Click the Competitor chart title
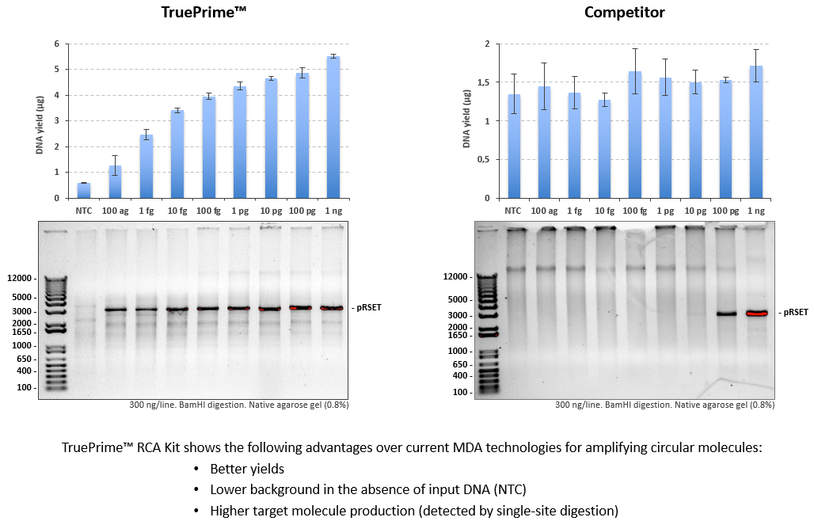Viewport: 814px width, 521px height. (624, 12)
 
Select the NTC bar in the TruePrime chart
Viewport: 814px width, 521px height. (84, 191)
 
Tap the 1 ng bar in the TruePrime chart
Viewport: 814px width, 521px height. (333, 127)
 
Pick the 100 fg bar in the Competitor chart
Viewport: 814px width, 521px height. (634, 135)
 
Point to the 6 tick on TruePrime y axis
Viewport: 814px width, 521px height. (56, 44)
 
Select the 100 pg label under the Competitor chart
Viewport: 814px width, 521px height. (725, 211)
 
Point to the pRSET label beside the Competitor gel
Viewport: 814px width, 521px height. (793, 313)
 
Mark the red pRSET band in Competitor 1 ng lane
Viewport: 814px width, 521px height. (757, 314)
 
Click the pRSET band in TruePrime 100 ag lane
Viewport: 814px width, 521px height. (115, 310)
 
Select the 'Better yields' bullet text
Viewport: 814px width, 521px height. (247, 469)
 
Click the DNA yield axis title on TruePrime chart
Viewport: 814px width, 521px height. (39, 121)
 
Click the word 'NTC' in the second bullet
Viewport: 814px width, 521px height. (509, 489)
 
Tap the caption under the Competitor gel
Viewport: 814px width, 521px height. (664, 405)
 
